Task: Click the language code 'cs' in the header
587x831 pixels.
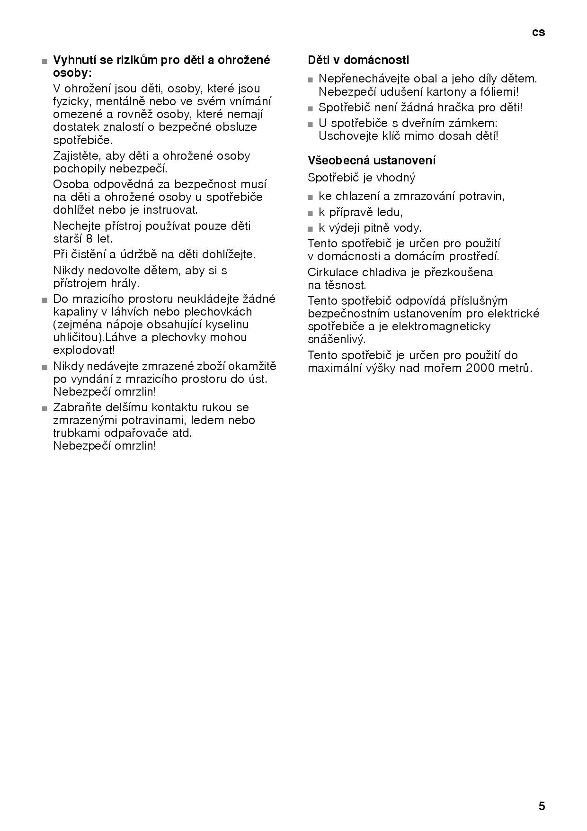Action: [538, 32]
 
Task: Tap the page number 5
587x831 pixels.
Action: [542, 806]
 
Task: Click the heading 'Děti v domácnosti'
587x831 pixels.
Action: [358, 60]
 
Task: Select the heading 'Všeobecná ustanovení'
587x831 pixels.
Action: [372, 160]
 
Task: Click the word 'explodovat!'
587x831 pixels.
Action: [84, 350]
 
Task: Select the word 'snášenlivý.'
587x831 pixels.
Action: [337, 339]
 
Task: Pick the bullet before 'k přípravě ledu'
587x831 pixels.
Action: [311, 213]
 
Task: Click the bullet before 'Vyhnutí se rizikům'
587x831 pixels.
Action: [44, 62]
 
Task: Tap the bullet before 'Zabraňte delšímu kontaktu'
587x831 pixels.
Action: [44, 408]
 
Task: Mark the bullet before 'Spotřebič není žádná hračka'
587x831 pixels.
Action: [311, 108]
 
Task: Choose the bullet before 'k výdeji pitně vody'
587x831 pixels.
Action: [311, 229]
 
